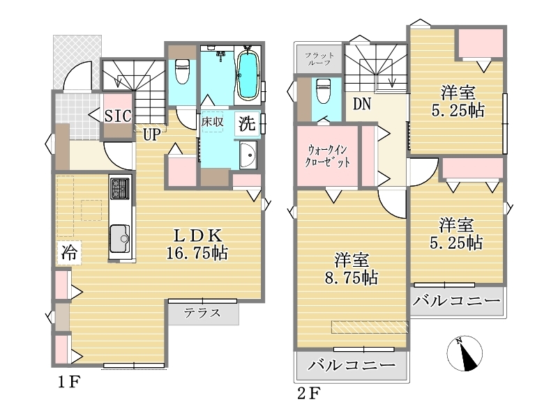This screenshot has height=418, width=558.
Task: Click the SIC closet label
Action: [118, 116]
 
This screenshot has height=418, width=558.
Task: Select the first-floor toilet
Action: [182, 70]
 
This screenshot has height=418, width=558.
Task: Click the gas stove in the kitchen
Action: [119, 188]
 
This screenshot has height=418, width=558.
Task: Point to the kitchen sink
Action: [119, 238]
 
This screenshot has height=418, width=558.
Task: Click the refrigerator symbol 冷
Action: [69, 252]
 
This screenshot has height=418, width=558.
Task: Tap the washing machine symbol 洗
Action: [247, 124]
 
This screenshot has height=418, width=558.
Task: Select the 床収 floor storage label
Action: [212, 122]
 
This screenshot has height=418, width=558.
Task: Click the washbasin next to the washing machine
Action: [248, 155]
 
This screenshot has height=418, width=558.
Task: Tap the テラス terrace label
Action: [202, 313]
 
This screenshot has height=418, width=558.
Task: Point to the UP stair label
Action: [152, 134]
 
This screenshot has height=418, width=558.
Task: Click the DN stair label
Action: [362, 104]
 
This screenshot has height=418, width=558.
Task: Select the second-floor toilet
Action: [324, 91]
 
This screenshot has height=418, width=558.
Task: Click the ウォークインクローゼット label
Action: [327, 156]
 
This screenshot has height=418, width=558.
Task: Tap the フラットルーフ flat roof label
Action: [319, 59]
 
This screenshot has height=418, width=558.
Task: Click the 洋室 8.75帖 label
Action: [352, 269]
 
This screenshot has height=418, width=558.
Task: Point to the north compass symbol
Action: [465, 354]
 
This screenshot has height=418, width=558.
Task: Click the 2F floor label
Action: [309, 394]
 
